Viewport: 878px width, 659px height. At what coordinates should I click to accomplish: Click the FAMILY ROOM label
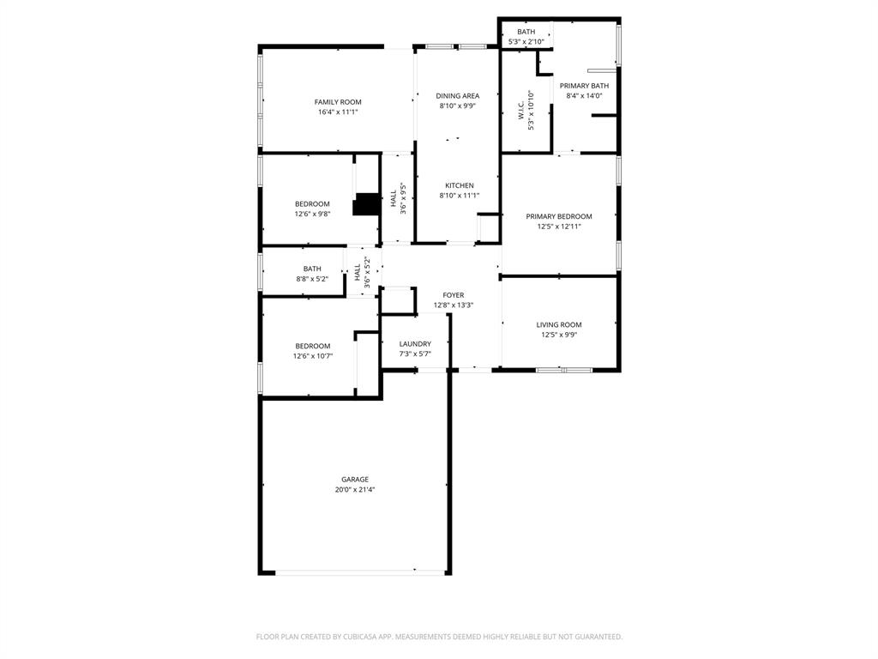(338, 102)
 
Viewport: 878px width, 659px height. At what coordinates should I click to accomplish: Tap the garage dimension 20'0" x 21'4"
(355, 490)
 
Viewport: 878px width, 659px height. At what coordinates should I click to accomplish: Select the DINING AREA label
(458, 96)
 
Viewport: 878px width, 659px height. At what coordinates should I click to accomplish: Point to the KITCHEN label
(459, 185)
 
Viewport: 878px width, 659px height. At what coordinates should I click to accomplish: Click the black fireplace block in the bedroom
(367, 204)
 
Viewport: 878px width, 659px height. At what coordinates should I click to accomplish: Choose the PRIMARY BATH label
(584, 86)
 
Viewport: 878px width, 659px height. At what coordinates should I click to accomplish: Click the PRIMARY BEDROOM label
(559, 216)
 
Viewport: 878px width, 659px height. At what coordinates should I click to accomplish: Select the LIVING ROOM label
(559, 324)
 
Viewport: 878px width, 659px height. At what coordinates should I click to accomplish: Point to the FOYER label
(454, 295)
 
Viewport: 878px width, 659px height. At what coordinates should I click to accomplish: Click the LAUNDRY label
(415, 344)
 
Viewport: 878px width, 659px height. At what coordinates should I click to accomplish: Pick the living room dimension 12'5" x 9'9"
(559, 335)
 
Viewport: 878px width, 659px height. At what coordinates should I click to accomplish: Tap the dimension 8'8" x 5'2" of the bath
(312, 279)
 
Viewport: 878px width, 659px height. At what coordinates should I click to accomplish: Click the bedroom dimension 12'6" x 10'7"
(313, 356)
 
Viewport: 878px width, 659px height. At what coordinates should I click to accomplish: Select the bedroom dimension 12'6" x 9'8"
(313, 214)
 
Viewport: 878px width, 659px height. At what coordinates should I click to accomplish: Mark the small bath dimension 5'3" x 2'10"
(526, 41)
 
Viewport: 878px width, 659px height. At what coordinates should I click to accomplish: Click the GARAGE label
(355, 480)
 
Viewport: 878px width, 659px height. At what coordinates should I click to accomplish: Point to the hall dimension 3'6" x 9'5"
(403, 198)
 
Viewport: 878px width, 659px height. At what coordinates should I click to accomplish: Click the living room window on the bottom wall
(563, 370)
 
